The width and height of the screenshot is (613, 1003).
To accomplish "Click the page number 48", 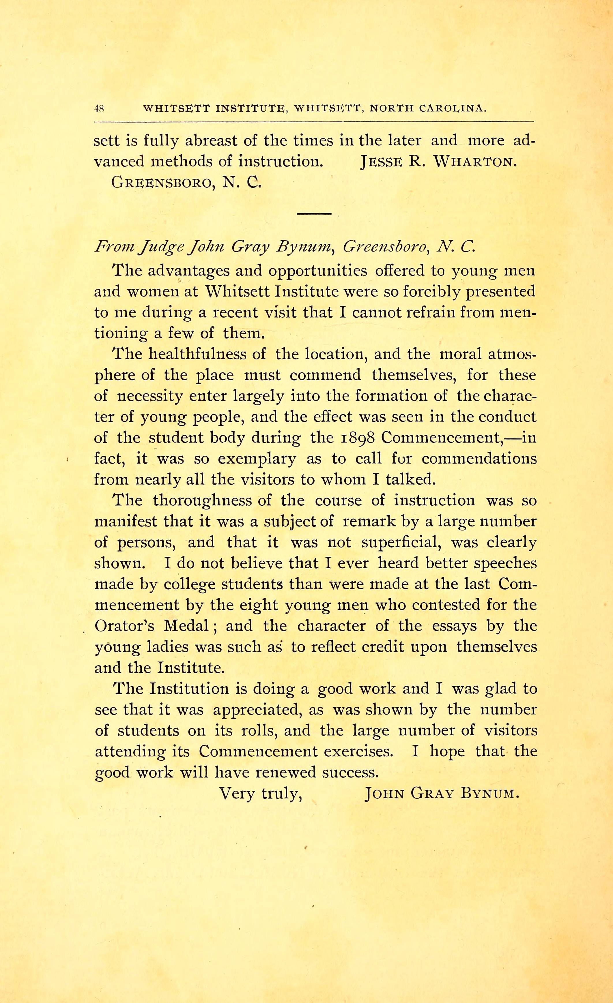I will pos(99,109).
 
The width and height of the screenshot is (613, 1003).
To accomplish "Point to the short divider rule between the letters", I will pos(314,214).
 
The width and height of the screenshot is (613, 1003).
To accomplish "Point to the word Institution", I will pos(189,689).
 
